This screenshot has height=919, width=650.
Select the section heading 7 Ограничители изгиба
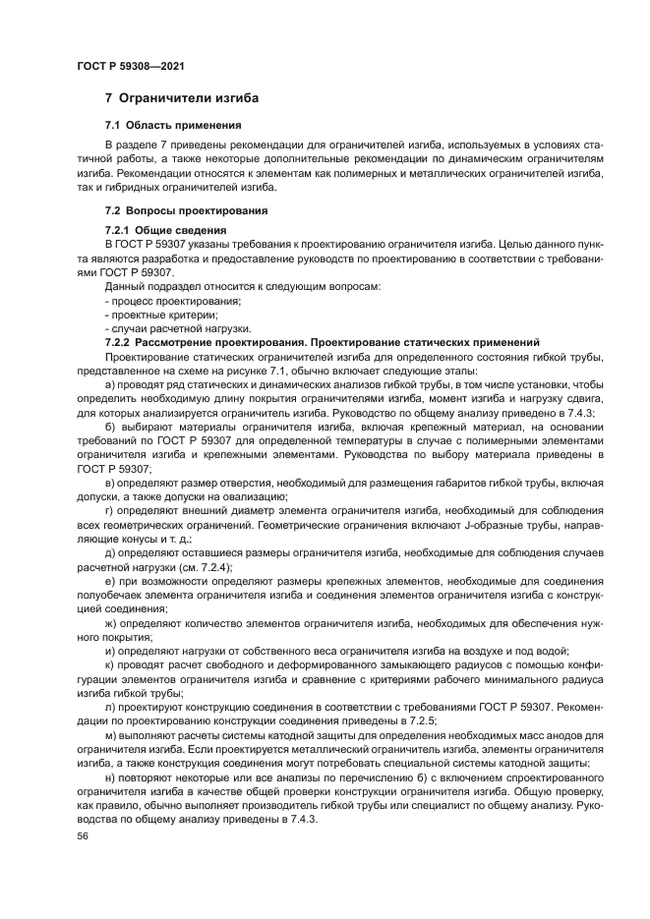click(182, 99)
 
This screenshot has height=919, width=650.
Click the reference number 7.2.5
click(424, 719)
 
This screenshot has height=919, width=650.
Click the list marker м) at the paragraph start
click(110, 735)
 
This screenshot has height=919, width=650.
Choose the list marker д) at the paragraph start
click(109, 553)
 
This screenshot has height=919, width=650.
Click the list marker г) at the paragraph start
click(108, 511)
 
